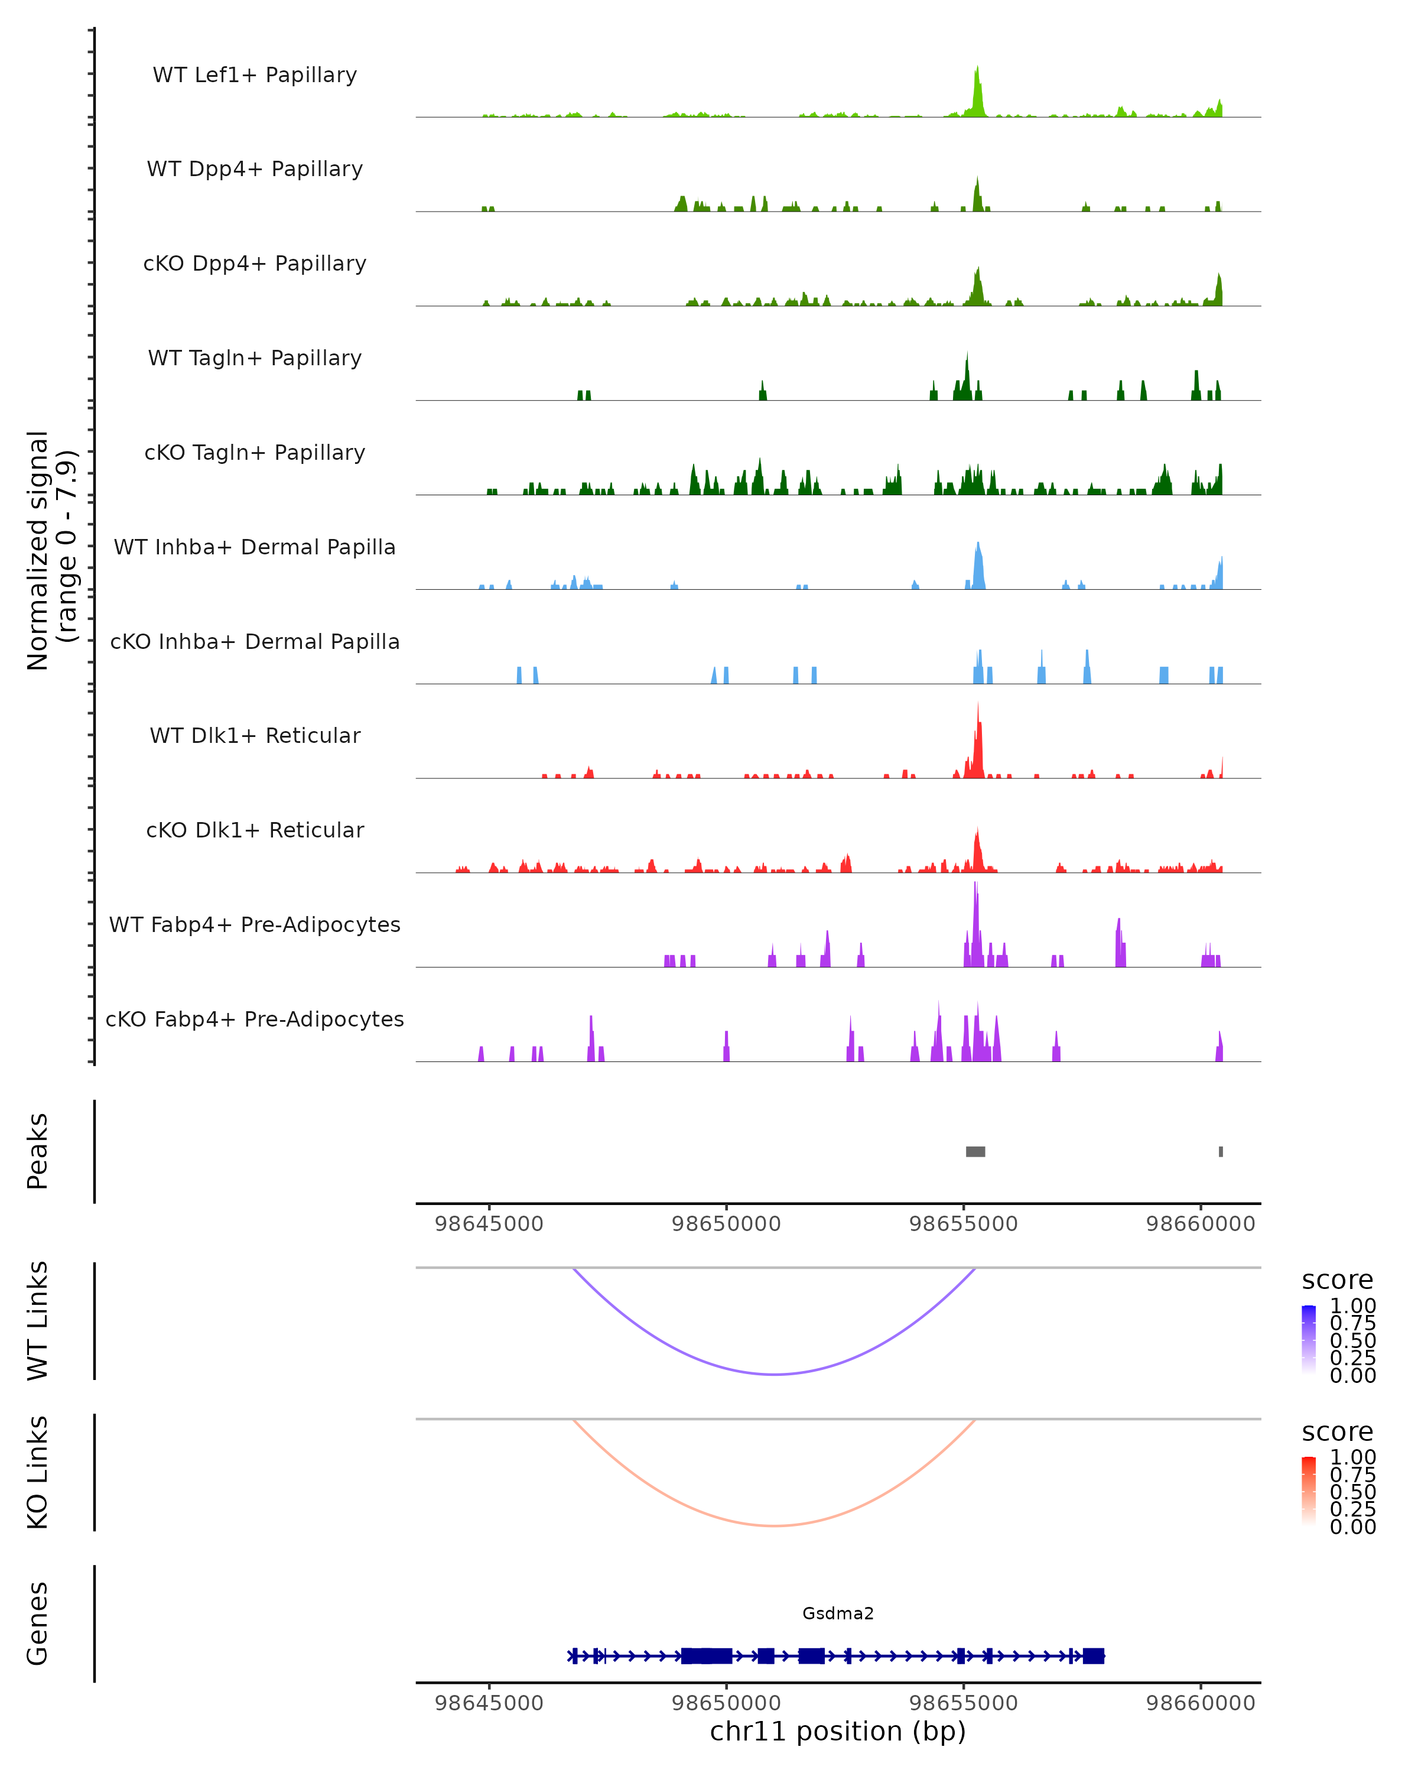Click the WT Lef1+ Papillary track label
255,75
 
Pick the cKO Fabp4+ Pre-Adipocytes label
255,1019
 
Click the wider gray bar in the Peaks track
975,1151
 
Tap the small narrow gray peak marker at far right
1221,1151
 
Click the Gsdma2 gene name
838,1613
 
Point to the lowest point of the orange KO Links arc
775,1525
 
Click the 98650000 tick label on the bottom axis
726,1702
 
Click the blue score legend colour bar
1309,1340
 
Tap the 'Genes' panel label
38,1623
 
